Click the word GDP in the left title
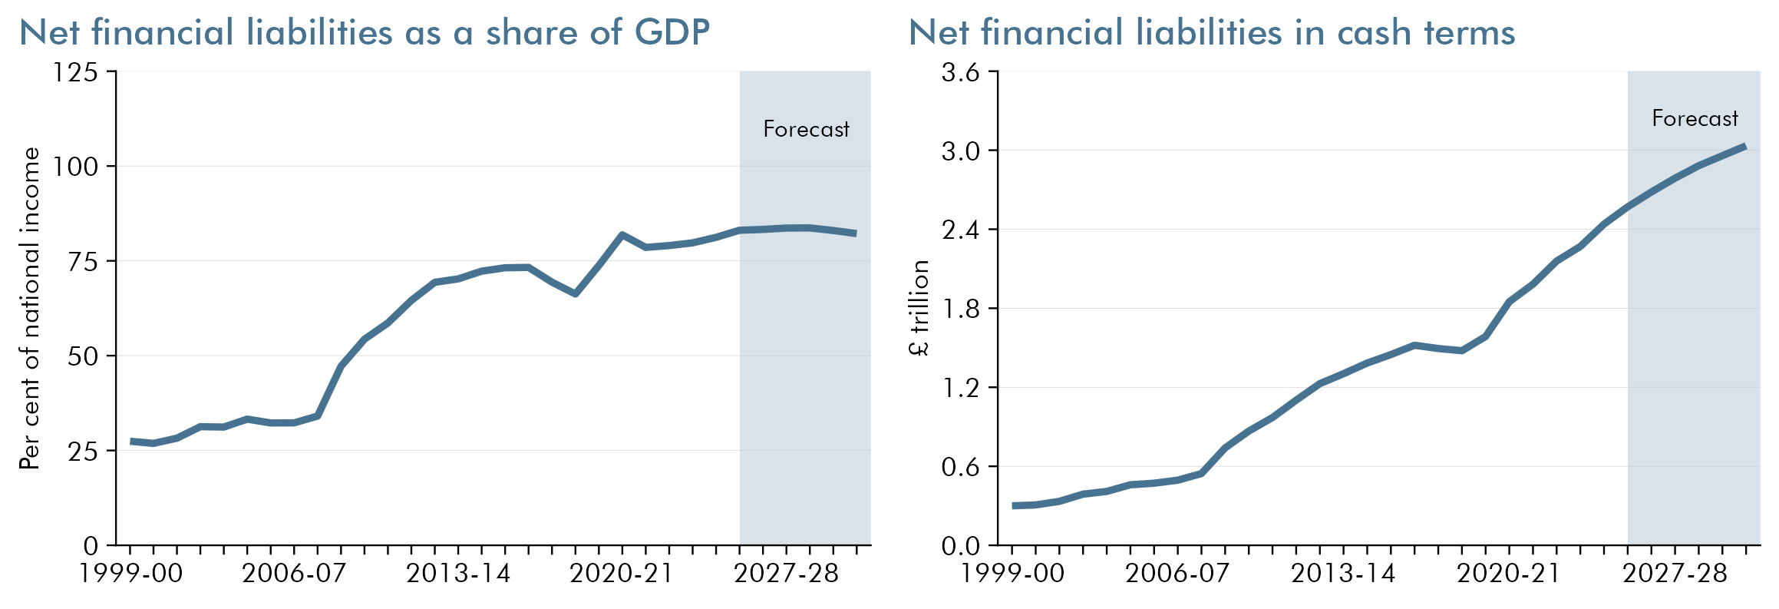pyautogui.click(x=672, y=33)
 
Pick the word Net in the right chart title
pyautogui.click(x=939, y=33)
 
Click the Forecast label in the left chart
pyautogui.click(x=806, y=129)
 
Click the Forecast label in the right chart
pyautogui.click(x=1695, y=118)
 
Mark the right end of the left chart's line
pyautogui.click(x=855, y=233)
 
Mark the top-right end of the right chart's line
pyautogui.click(x=1745, y=146)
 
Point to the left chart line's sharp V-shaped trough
pyautogui.click(x=575, y=294)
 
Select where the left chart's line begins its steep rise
pyautogui.click(x=317, y=416)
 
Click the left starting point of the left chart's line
pyautogui.click(x=132, y=442)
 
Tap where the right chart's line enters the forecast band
pyautogui.click(x=1628, y=207)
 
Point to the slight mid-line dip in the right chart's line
pyautogui.click(x=1460, y=351)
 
